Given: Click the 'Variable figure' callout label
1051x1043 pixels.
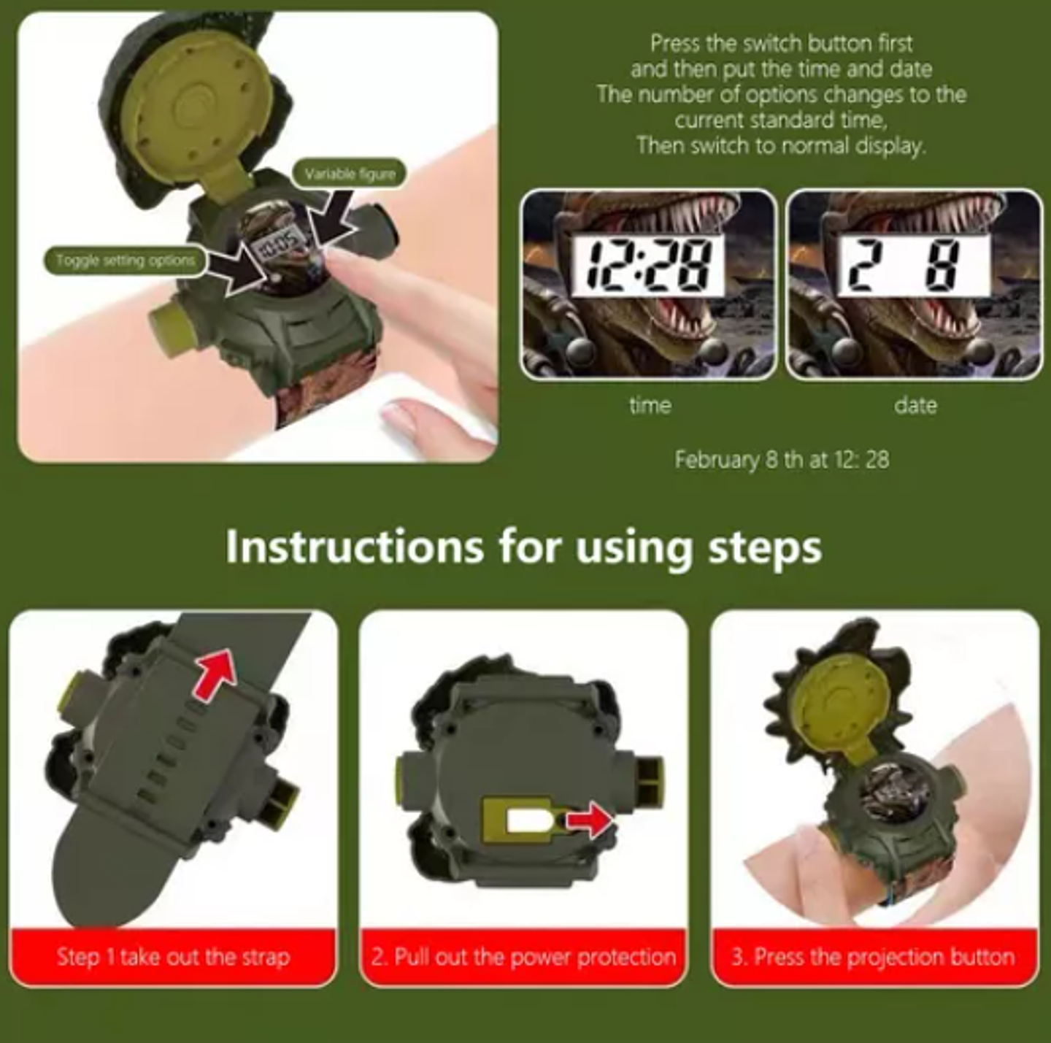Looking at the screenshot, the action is tap(350, 174).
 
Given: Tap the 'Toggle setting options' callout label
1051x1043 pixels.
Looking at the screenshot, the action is tap(126, 261).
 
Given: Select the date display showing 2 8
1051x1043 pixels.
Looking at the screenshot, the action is tap(914, 266).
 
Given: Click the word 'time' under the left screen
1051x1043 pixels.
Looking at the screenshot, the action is tap(650, 405).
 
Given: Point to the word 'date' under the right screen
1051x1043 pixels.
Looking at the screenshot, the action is tap(916, 405).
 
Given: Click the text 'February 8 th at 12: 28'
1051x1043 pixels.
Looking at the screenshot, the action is tap(782, 459).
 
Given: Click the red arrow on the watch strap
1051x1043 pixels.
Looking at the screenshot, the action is tap(216, 673).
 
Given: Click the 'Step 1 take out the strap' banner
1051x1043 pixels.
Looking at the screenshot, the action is tap(174, 957).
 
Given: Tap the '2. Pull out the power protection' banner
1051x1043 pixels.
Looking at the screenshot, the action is tap(523, 957).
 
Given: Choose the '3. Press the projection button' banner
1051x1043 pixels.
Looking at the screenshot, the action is tap(874, 957).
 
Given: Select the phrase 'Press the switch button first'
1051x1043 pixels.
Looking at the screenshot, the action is tap(781, 44).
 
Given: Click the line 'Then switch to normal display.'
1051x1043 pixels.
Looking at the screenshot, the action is tap(781, 146).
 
